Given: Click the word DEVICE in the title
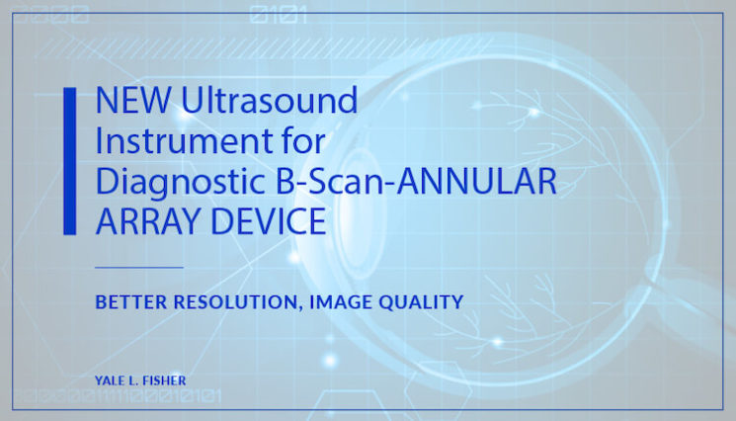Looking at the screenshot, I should [266, 222].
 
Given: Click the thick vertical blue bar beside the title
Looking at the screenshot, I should [69, 161].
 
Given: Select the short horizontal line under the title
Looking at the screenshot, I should [139, 267].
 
